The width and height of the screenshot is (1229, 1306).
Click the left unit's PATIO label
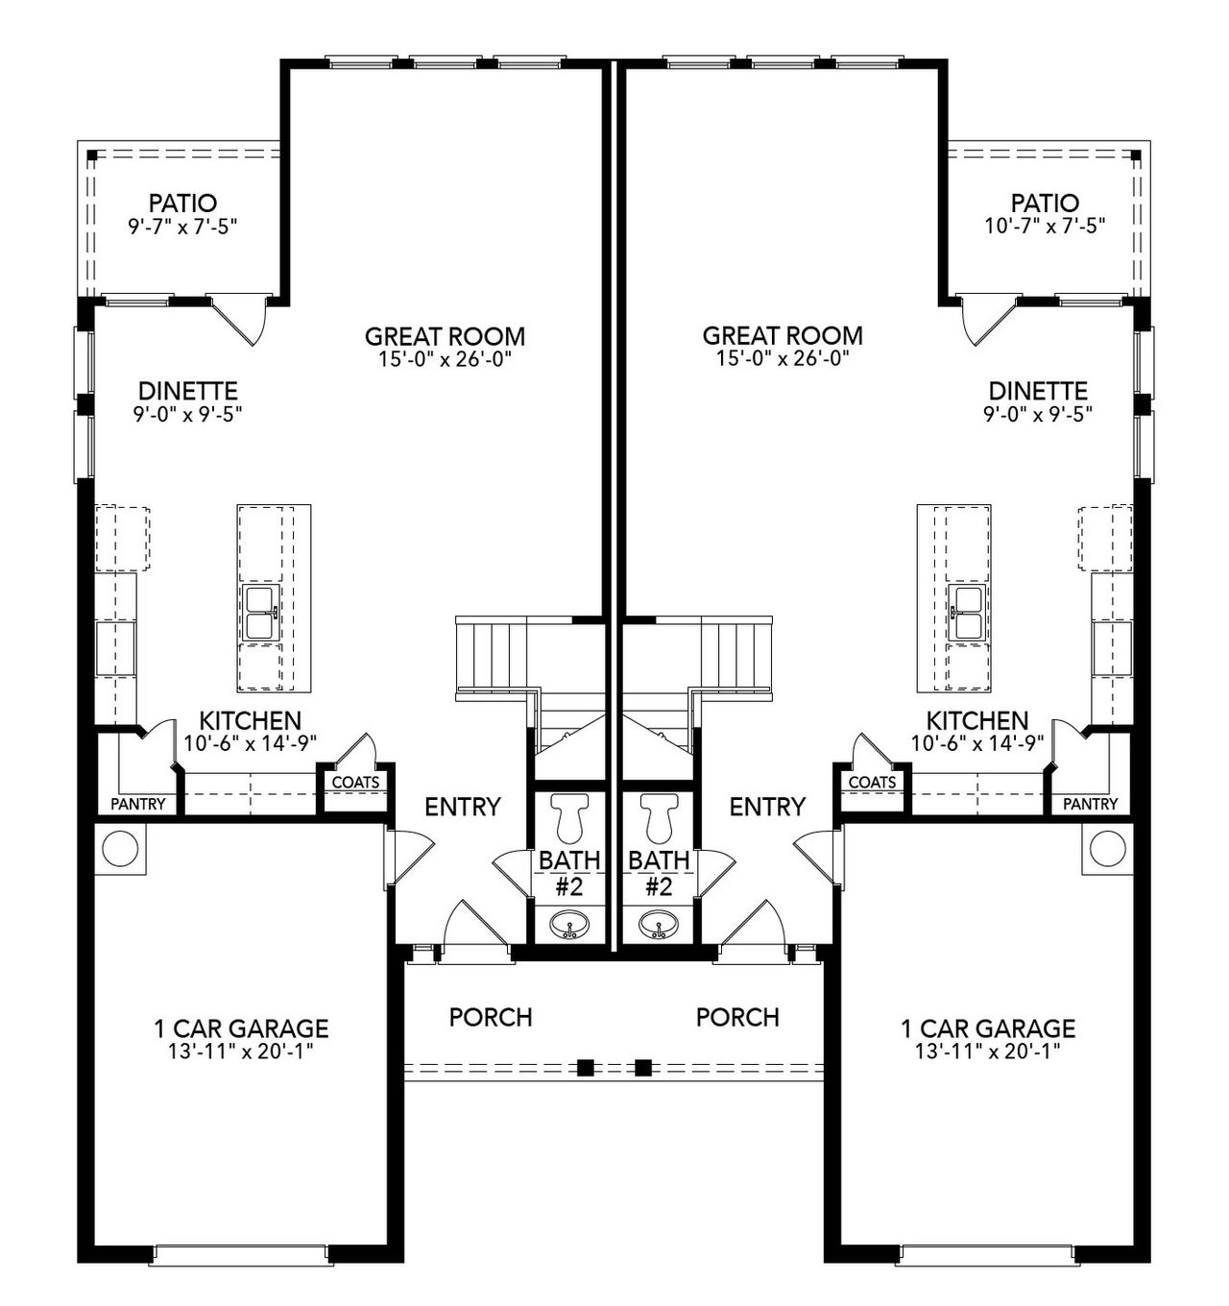pos(182,204)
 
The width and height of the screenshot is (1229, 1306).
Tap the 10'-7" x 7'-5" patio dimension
pos(1045,226)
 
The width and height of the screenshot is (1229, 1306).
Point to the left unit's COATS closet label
pos(355,783)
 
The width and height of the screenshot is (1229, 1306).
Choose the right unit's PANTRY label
pos(1091,804)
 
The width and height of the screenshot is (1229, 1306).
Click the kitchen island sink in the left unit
pos(259,613)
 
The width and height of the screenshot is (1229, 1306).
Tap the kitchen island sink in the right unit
pos(968,613)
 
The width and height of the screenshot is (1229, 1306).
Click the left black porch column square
pos(584,1067)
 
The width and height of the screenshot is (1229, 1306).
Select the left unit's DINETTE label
pos(188,392)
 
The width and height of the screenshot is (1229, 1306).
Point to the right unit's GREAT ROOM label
pos(783,336)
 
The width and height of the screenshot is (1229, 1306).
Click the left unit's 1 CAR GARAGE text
pos(241,1029)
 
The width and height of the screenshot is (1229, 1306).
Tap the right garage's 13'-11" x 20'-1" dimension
pos(987,1052)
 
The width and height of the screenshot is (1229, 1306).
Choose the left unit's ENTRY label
pos(463,807)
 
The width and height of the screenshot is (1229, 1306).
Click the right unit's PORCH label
pos(737,1017)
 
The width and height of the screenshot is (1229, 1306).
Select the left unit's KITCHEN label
pos(250,720)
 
